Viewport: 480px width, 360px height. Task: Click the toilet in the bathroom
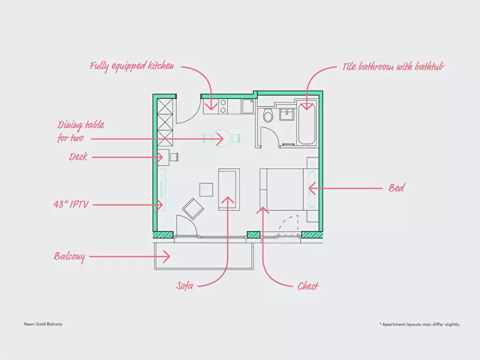[268, 115]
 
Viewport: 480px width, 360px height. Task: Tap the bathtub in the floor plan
[307, 123]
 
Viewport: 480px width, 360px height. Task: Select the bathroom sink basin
[287, 114]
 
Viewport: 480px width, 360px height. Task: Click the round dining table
[221, 138]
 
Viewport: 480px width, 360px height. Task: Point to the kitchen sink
[248, 106]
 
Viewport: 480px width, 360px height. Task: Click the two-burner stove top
[224, 106]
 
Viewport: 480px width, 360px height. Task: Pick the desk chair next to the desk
[174, 157]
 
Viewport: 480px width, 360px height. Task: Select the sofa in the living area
[228, 189]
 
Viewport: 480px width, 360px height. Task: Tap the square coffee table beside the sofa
[206, 190]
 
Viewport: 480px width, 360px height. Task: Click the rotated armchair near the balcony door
[193, 209]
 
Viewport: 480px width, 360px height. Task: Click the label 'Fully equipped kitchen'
[132, 66]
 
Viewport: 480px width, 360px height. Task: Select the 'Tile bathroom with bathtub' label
[393, 67]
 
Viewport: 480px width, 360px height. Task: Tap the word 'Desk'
[78, 157]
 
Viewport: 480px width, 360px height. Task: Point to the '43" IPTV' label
[71, 204]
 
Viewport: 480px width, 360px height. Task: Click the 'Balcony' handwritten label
[69, 256]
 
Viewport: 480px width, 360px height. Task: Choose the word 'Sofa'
[184, 286]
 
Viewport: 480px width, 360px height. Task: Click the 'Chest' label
[308, 286]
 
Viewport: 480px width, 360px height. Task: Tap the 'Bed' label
[397, 188]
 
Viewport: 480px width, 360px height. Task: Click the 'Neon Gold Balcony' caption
[43, 324]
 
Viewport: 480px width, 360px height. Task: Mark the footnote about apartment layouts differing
[420, 324]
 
